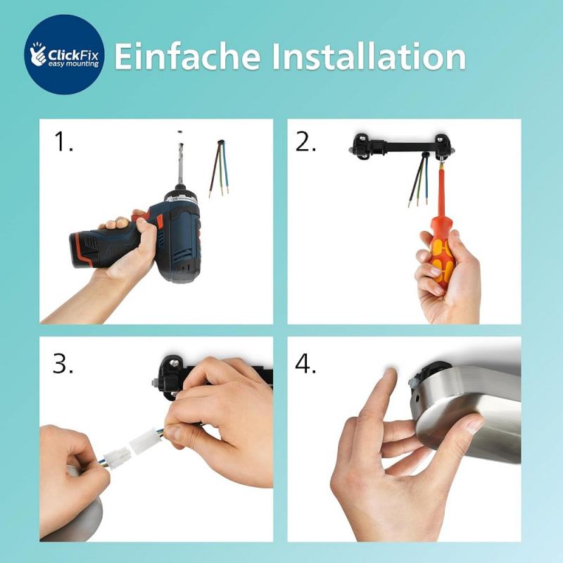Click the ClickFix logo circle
tap(64, 55)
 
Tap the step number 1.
tap(63, 143)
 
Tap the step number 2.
tap(305, 143)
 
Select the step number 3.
tap(65, 363)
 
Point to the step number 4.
tap(306, 363)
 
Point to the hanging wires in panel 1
tap(218, 169)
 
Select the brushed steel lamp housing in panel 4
tap(479, 415)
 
